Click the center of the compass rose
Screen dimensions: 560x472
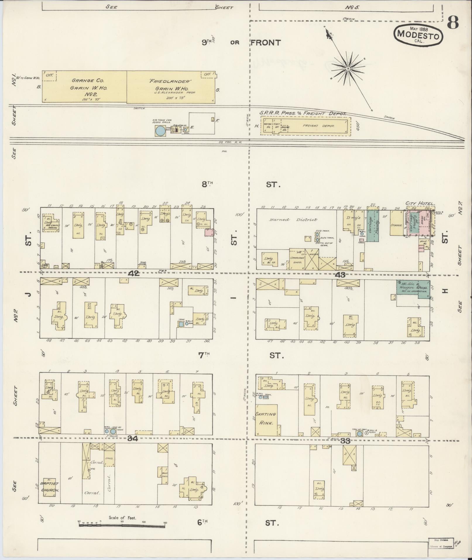[x=348, y=69]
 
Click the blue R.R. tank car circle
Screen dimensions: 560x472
[x=160, y=131]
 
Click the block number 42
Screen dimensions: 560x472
[x=134, y=273]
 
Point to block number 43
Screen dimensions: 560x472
[x=340, y=275]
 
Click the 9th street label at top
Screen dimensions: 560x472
[x=207, y=42]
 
